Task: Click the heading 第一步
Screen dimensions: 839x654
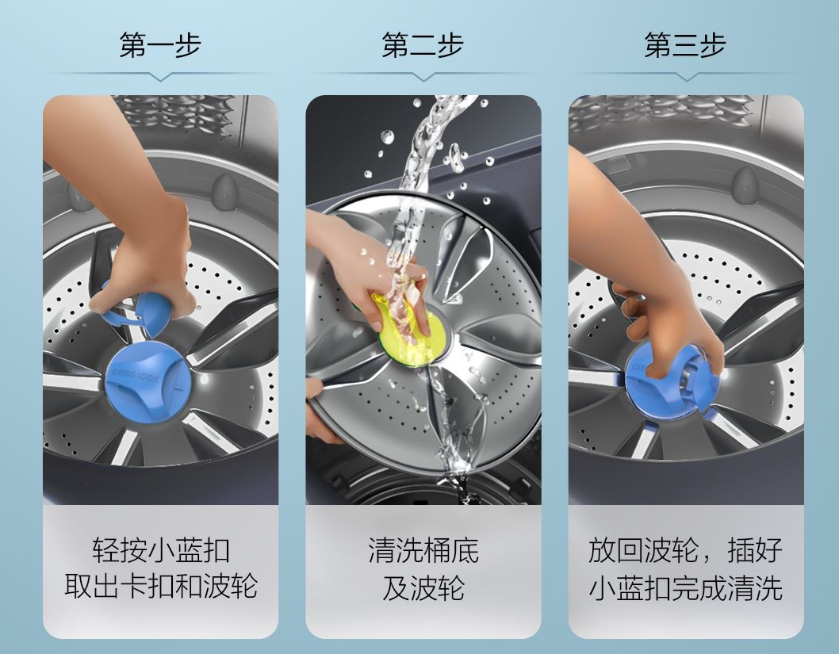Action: pyautogui.click(x=160, y=45)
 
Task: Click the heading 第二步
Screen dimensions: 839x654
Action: pyautogui.click(x=423, y=45)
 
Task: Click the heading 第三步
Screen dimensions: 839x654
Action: pyautogui.click(x=685, y=45)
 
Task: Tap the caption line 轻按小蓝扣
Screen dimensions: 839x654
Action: pyautogui.click(x=160, y=550)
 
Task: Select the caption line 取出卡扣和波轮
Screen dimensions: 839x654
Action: pyautogui.click(x=160, y=586)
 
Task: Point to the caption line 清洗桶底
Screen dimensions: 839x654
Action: pyautogui.click(x=423, y=550)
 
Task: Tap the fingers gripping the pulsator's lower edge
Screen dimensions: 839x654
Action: pyautogui.click(x=321, y=411)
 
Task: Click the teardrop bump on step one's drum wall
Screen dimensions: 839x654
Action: pyautogui.click(x=225, y=191)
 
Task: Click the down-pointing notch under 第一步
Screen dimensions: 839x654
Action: pyautogui.click(x=160, y=77)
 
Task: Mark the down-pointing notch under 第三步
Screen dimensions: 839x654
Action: pyautogui.click(x=685, y=77)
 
